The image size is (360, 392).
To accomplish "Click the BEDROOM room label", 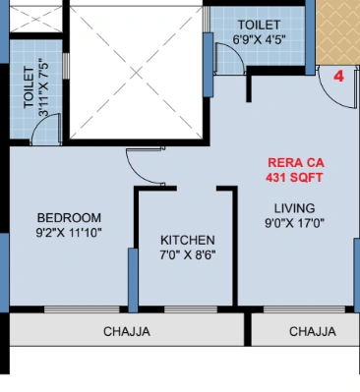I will [69, 217].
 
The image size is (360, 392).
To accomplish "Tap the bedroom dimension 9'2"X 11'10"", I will [69, 233].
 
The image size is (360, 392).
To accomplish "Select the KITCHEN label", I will [187, 240].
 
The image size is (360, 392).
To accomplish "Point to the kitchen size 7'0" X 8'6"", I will [187, 254].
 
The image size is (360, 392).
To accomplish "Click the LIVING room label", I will [295, 207].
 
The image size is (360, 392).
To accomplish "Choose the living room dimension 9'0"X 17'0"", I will [295, 223].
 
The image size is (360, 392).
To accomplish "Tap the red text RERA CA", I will [295, 163].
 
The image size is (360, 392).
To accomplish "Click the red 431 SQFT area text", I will [295, 178].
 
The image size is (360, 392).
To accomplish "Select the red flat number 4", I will [337, 76].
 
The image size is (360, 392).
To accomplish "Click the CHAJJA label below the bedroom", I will [127, 332].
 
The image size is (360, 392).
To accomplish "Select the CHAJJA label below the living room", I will [313, 332].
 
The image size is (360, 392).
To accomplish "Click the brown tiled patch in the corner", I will [339, 29].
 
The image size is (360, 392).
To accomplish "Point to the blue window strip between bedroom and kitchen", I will [132, 279].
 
